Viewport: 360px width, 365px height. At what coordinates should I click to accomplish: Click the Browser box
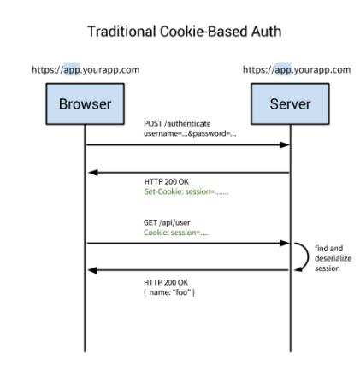tap(84, 105)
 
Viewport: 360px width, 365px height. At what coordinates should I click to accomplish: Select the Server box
tap(290, 105)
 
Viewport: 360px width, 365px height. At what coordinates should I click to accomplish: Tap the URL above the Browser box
tap(85, 69)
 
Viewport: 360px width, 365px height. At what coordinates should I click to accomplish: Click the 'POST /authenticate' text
tap(165, 125)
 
